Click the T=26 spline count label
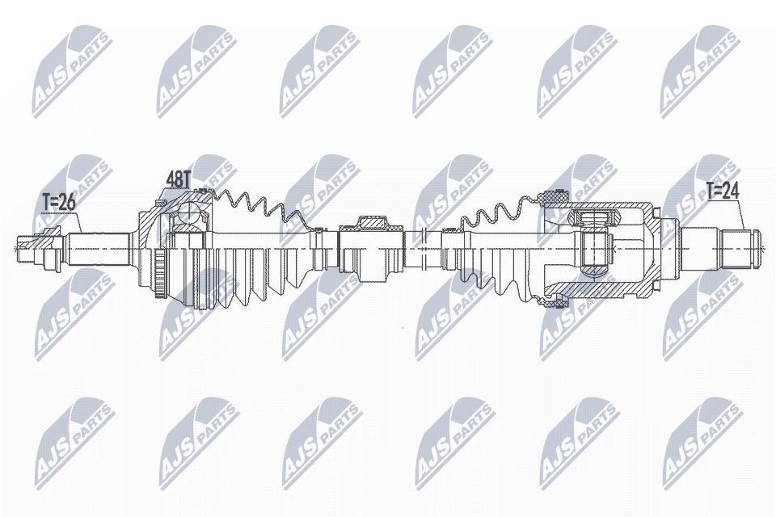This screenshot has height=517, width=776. point(59,201)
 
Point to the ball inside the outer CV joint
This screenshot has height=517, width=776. point(188,213)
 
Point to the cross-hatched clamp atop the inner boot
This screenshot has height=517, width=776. point(555,196)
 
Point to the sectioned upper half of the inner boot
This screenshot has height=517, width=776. point(493,212)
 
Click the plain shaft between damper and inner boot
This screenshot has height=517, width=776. point(424,240)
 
